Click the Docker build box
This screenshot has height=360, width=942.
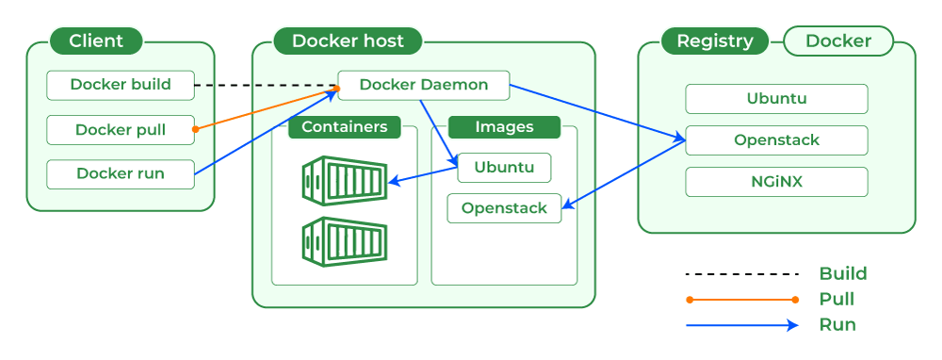[121, 85]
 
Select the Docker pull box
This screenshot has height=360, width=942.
[121, 130]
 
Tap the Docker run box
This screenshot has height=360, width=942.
[121, 173]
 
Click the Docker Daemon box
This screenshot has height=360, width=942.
[424, 85]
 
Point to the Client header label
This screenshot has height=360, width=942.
[96, 41]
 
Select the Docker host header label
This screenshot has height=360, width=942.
[348, 41]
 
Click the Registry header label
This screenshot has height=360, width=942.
[715, 41]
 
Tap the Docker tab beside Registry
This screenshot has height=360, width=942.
[838, 41]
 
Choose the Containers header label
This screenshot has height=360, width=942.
[344, 126]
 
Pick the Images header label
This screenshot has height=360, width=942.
[504, 126]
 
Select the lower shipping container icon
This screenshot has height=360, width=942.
[344, 239]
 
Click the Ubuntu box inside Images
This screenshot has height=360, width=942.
[504, 168]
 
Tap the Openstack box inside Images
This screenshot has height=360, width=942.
[504, 208]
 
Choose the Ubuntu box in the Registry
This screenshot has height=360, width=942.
[776, 98]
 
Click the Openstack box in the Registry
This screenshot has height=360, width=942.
[776, 140]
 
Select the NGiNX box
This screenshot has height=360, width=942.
[776, 181]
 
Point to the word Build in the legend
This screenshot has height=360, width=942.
[843, 274]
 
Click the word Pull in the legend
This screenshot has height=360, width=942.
[837, 300]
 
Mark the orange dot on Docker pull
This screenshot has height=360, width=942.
[195, 129]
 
